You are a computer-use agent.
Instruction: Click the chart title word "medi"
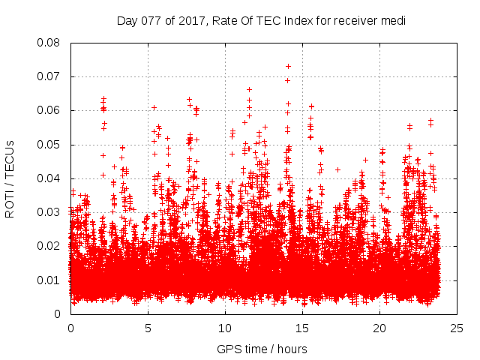click(393, 21)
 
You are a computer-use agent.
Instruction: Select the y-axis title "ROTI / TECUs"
click(10, 178)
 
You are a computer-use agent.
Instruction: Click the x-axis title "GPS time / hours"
click(262, 349)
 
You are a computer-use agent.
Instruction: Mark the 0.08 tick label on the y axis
click(49, 43)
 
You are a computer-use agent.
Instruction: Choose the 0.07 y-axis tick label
click(49, 76)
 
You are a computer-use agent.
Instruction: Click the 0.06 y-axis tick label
click(49, 110)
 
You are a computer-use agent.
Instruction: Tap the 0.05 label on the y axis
click(49, 144)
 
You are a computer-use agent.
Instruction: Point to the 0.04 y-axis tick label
click(49, 178)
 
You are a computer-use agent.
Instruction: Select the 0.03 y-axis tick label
click(49, 212)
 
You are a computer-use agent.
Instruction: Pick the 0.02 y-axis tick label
click(49, 246)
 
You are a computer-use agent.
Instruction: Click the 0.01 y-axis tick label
click(49, 280)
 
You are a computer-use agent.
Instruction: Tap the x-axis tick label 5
click(148, 328)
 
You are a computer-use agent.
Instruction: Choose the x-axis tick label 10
click(225, 328)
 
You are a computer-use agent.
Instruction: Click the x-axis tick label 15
click(302, 328)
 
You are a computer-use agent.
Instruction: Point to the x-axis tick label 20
click(379, 328)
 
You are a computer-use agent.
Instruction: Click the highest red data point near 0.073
click(288, 66)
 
